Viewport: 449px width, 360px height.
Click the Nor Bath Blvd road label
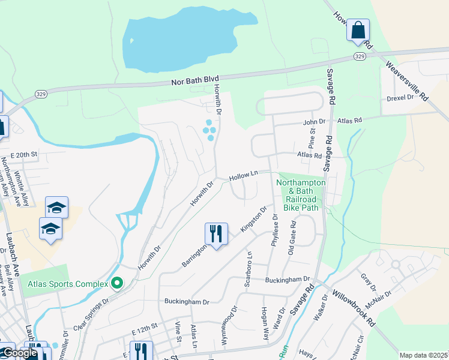pos(195,79)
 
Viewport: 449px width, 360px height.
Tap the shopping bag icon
pos(358,30)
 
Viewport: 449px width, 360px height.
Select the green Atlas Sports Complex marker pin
pos(117,283)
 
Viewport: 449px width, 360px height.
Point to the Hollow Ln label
pos(243,175)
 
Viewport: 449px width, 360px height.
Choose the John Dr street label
pos(309,122)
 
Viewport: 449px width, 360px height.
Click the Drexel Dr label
pos(400,97)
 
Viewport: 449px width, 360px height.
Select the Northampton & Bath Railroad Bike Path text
pos(301,194)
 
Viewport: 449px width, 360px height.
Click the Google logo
pos(19,353)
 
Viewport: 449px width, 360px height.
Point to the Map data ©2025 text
pos(424,355)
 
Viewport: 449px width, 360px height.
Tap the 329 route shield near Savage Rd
pos(359,56)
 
